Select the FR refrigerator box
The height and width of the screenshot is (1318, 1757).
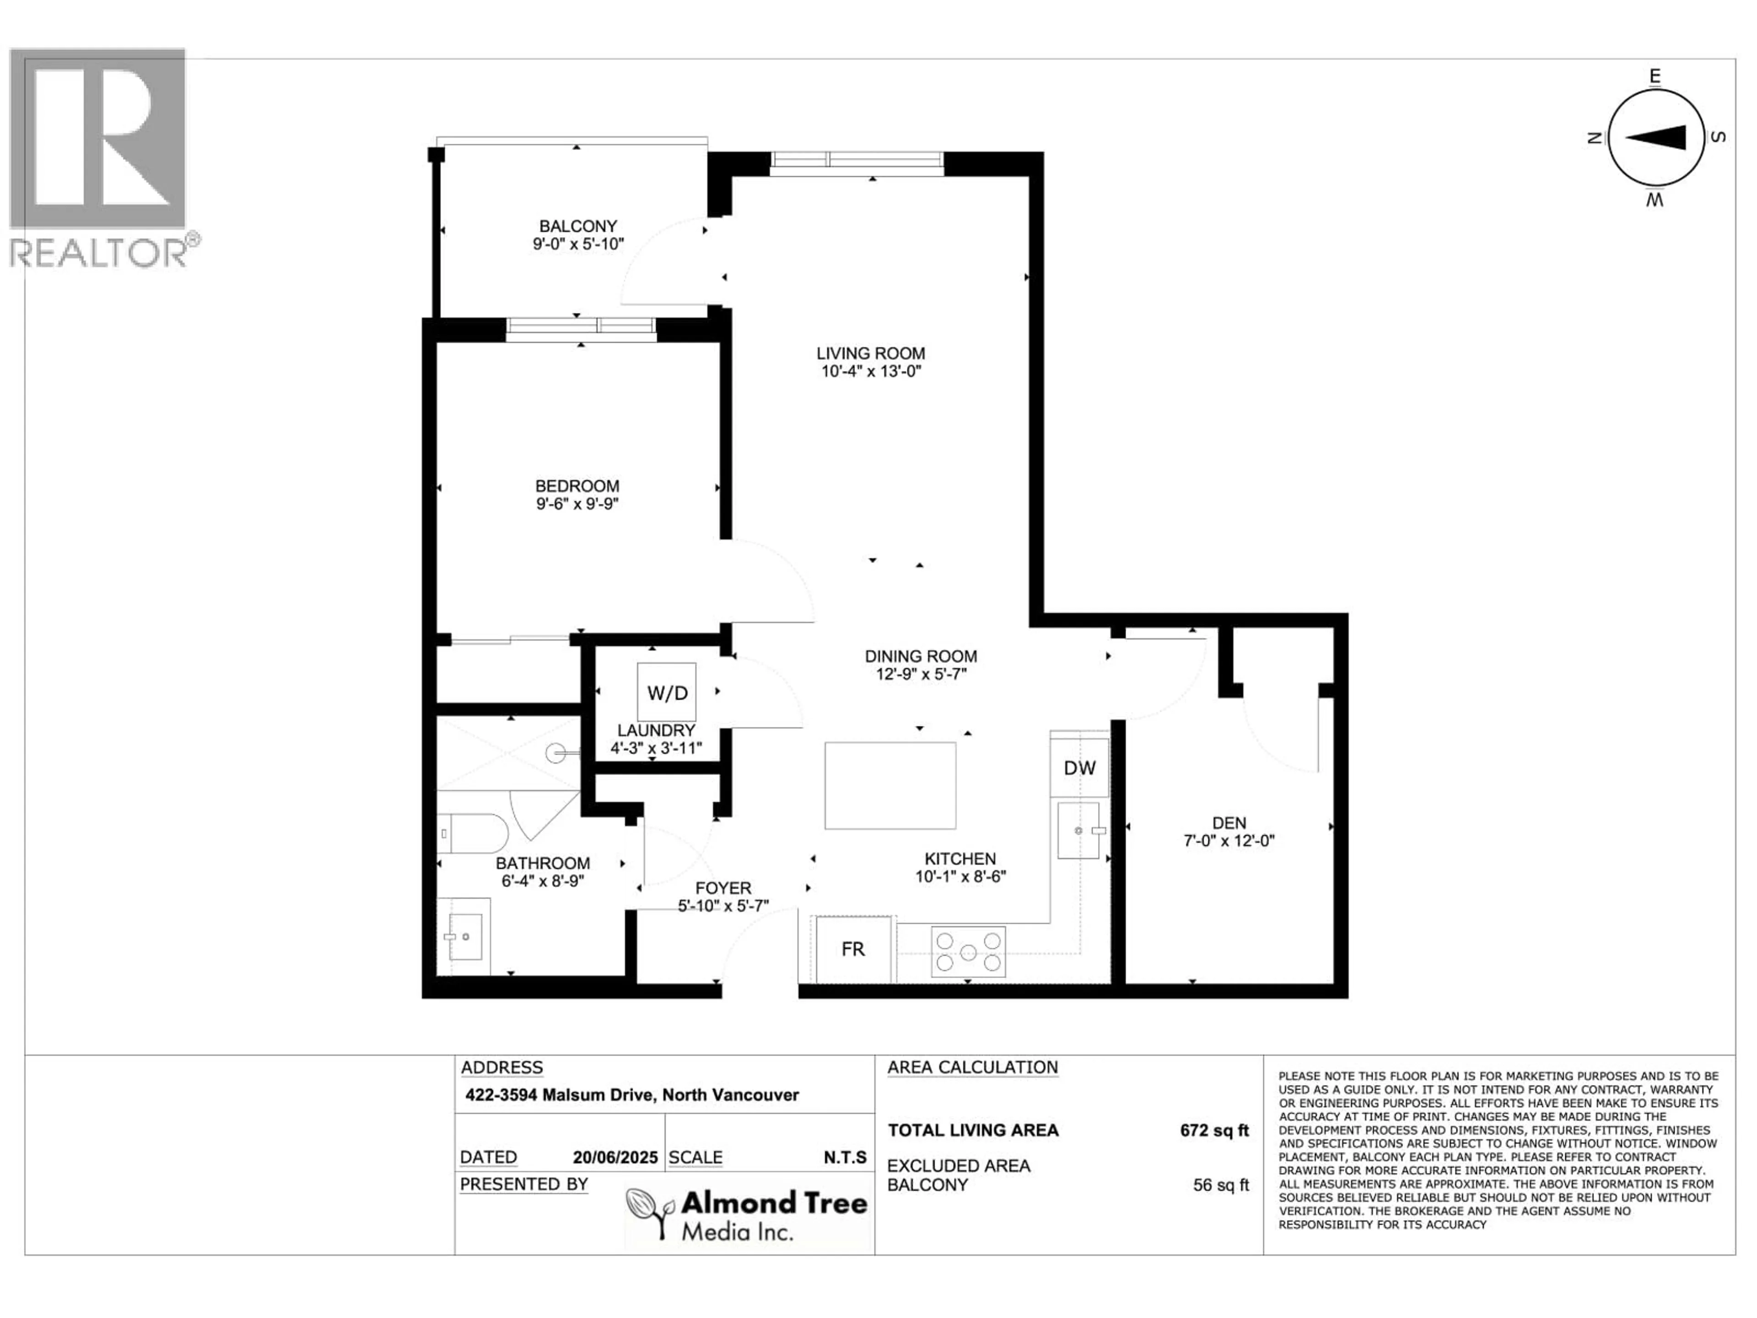tap(853, 950)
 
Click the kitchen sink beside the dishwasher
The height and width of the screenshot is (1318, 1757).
tap(1078, 830)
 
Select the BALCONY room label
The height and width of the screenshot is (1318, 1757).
tap(577, 227)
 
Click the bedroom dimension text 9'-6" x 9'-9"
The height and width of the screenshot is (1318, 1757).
tap(577, 504)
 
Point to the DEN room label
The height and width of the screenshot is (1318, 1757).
tap(1229, 823)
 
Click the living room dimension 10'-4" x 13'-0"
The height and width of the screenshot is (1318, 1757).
tap(871, 371)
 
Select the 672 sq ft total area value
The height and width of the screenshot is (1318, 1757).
tap(1214, 1130)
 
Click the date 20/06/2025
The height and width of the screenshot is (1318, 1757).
tap(615, 1157)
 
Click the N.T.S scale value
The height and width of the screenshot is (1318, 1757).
tap(845, 1157)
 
